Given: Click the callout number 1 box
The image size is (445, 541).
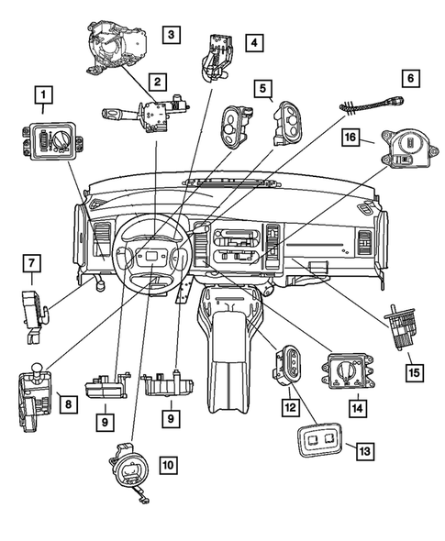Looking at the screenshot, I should coord(42,94).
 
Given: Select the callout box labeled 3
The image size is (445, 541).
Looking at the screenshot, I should coord(172,36).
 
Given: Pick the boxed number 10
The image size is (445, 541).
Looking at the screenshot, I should coord(169,465).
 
